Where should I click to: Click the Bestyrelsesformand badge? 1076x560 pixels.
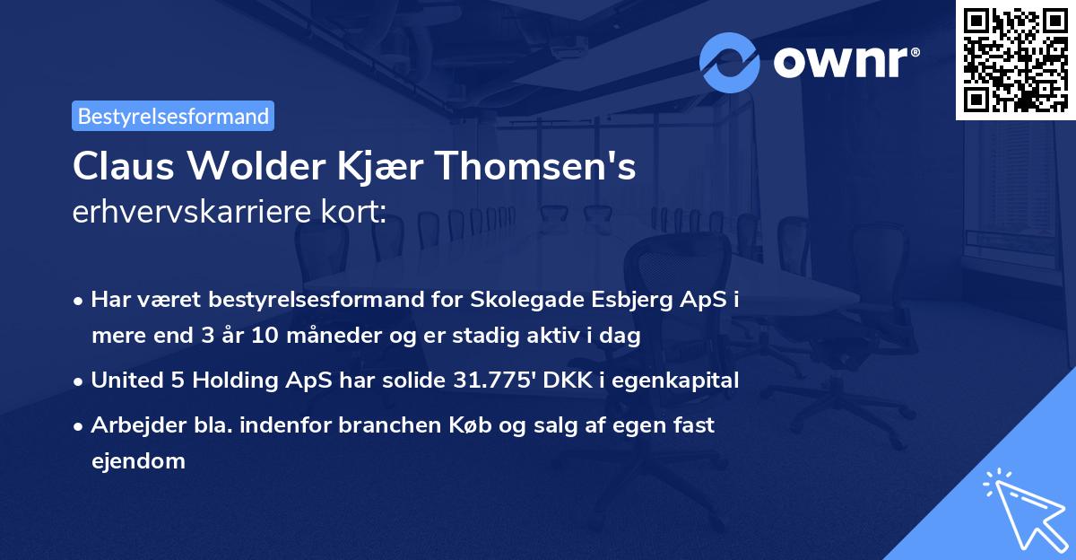(x=173, y=116)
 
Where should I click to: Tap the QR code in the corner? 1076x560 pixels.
(x=1014, y=59)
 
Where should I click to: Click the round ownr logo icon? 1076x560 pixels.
(x=730, y=62)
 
